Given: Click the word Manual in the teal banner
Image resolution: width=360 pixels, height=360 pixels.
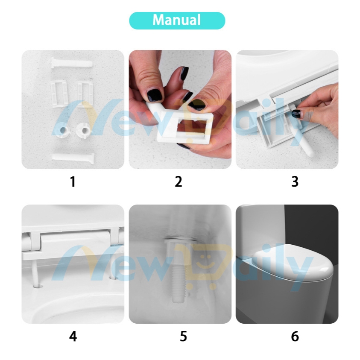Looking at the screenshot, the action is [176, 20].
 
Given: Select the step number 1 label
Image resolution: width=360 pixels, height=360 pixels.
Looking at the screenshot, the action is [73, 181].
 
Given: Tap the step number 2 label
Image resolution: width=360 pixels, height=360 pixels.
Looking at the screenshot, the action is [179, 181].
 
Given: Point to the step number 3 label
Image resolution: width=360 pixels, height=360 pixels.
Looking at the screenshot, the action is [295, 181].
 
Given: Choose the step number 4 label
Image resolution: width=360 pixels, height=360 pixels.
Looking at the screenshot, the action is [73, 337].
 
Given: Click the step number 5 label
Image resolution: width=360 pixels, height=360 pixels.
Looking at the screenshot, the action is [183, 337].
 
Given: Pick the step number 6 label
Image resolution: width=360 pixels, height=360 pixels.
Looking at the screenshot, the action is [295, 337].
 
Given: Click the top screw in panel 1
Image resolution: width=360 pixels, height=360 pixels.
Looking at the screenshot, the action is [72, 63].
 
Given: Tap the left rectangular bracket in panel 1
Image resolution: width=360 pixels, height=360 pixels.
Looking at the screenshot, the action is [59, 94].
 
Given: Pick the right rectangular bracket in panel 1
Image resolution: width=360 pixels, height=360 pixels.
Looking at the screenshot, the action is [85, 94].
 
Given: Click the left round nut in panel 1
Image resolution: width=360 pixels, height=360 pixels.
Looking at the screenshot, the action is [62, 130].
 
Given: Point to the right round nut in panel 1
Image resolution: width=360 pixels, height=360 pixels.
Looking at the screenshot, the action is [84, 130].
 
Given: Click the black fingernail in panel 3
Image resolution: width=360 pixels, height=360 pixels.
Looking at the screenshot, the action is [296, 114].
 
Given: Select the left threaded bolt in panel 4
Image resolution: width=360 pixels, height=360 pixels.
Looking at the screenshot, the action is [35, 275].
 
